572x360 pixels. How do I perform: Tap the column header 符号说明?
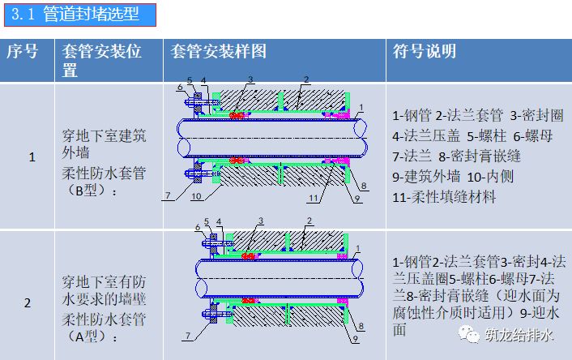click(425, 52)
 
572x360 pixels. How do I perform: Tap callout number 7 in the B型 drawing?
click(169, 195)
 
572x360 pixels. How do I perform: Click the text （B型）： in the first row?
click(90, 191)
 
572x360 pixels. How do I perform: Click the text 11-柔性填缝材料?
click(443, 196)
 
